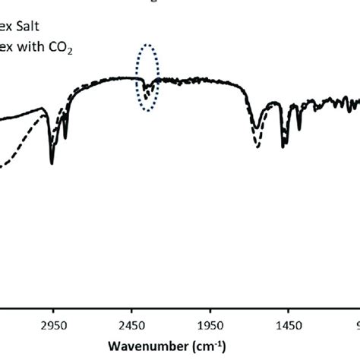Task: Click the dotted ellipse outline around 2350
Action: (137, 68)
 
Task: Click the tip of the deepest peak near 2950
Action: (52, 163)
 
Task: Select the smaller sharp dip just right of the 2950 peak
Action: (66, 138)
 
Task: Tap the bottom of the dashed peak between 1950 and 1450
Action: (258, 147)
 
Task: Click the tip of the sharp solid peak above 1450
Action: (283, 148)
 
